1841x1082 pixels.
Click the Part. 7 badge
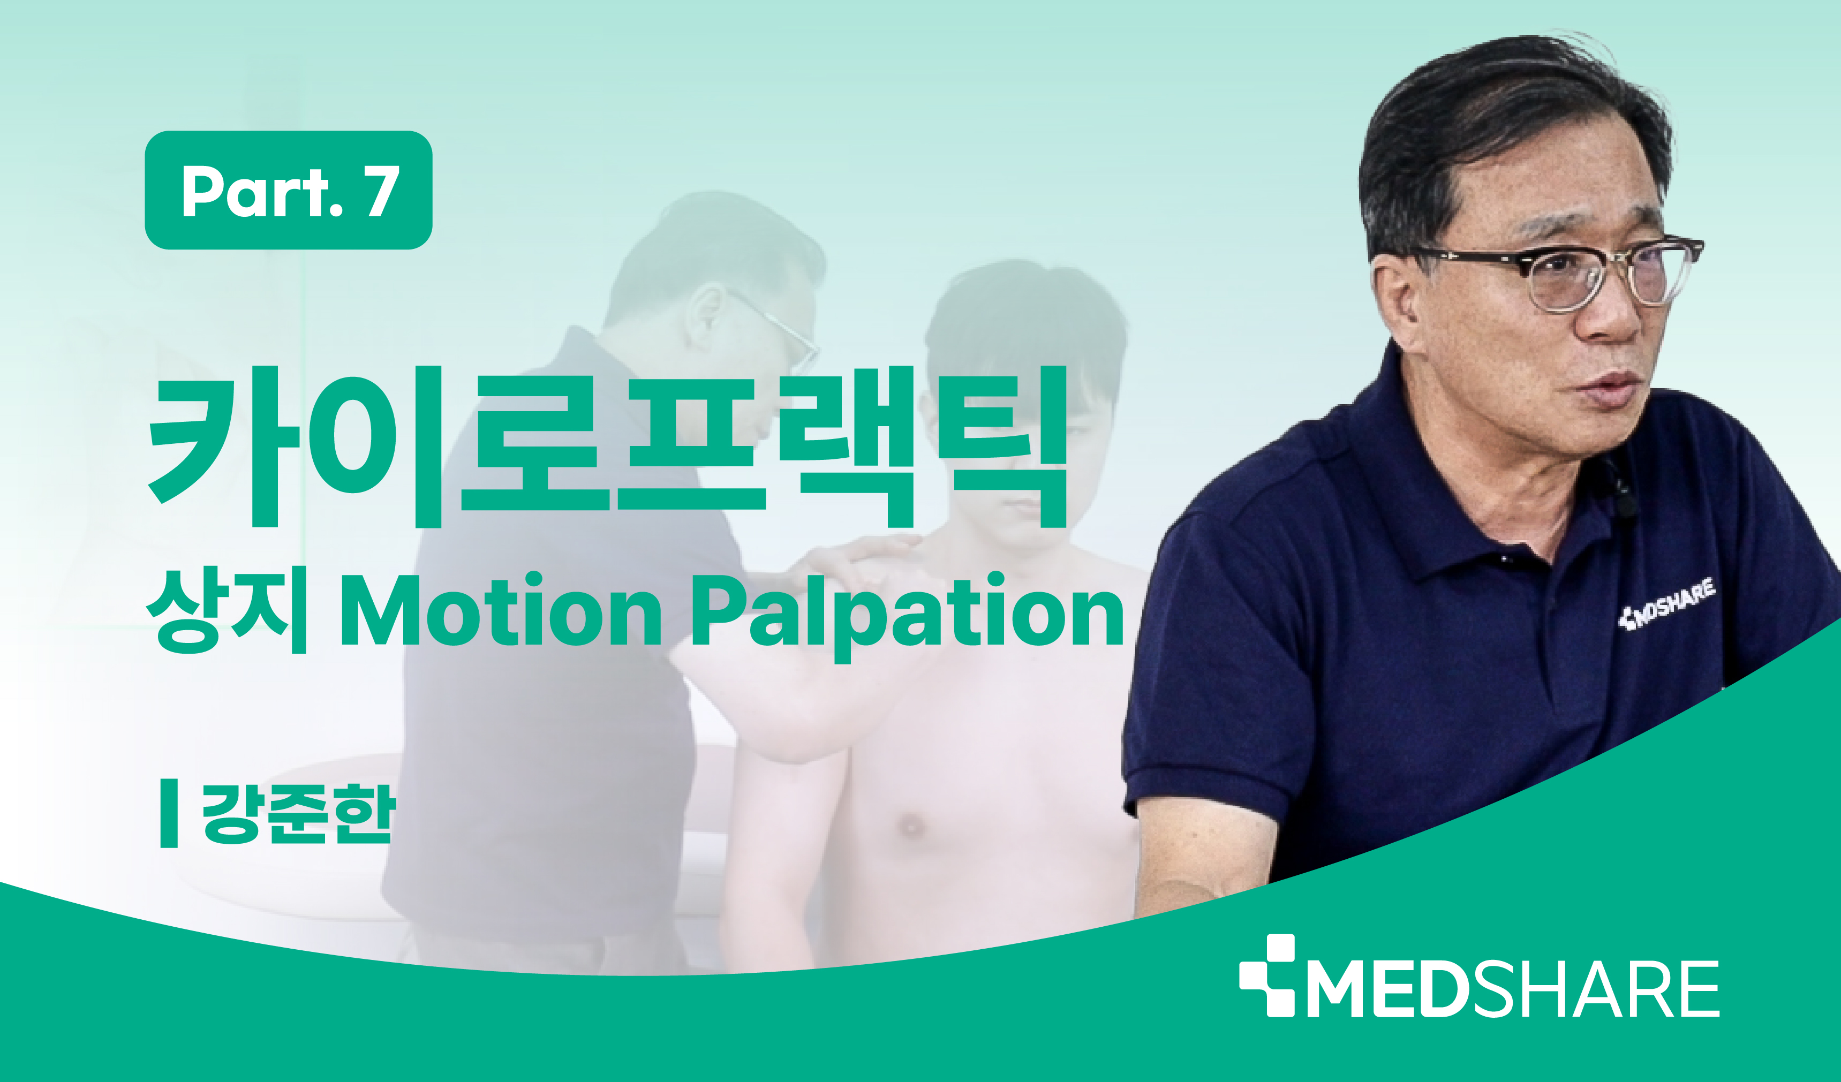point(289,190)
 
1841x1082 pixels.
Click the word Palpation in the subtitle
point(906,616)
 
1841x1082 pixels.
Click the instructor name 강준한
point(299,814)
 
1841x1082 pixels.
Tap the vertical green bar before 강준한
point(169,813)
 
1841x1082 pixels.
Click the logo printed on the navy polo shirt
point(1667,603)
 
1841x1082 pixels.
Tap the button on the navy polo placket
point(1504,559)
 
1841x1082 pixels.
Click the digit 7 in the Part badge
point(383,190)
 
